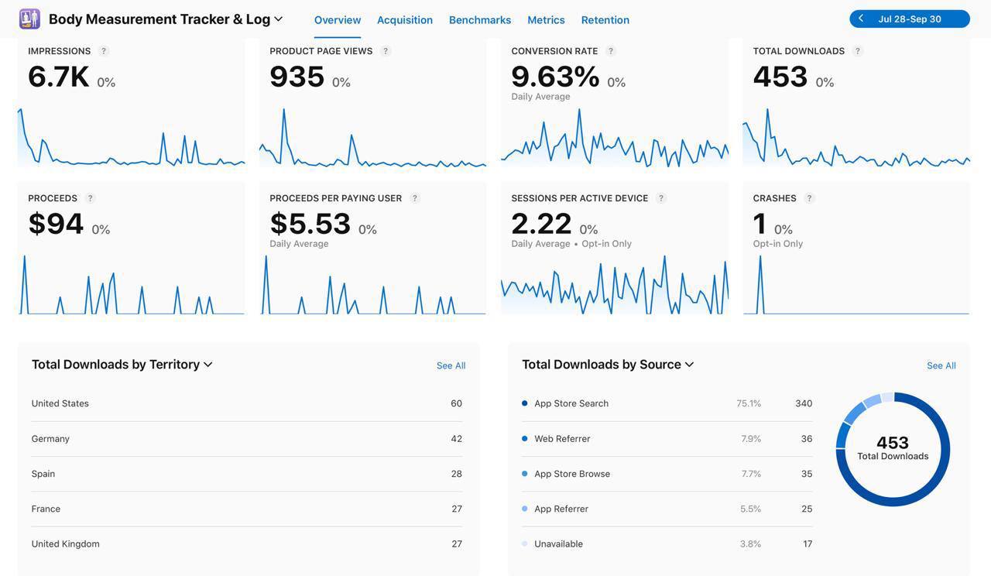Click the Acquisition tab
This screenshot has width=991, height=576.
(404, 20)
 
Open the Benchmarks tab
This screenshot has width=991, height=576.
(480, 20)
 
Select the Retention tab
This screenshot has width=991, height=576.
(605, 20)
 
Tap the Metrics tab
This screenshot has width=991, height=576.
(546, 20)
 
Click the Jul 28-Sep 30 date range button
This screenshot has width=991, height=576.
(910, 19)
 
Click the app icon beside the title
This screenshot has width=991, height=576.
(29, 19)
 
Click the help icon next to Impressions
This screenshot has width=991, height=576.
(104, 51)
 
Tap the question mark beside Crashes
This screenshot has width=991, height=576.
(809, 198)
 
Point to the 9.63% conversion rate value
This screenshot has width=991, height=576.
(555, 77)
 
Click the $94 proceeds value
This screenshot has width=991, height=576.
(56, 224)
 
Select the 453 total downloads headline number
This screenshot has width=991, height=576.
(780, 77)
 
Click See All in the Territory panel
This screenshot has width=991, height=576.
(451, 365)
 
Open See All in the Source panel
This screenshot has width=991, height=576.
(941, 365)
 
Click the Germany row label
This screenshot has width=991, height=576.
(50, 439)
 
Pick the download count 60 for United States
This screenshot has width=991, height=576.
(456, 403)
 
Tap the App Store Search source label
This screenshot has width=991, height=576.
(571, 403)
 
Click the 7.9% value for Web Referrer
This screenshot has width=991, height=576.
(751, 439)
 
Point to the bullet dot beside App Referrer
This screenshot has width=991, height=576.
(525, 509)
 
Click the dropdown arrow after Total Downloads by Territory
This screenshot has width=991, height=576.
(207, 365)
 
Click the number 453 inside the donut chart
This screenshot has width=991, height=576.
(893, 443)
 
